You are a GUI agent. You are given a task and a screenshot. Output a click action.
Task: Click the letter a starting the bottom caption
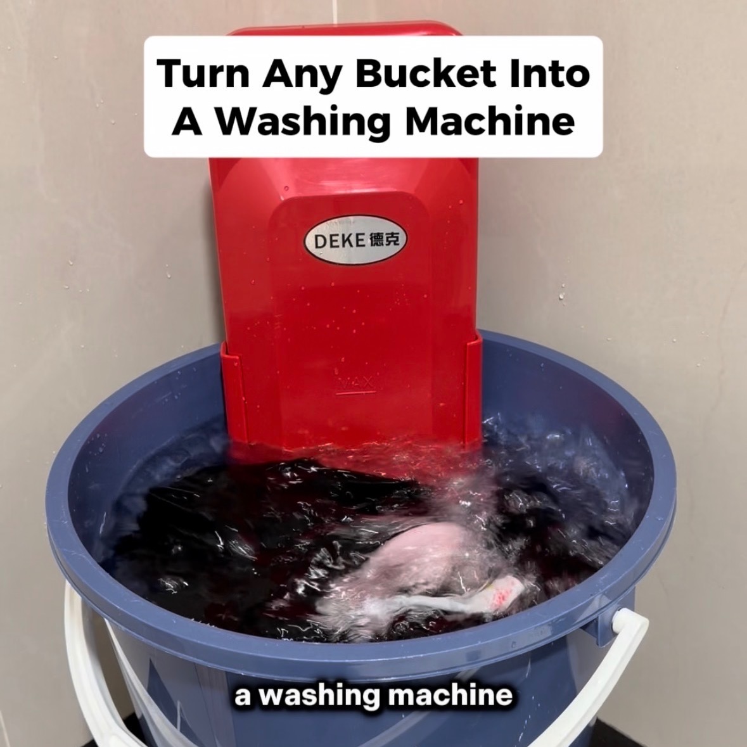click(241, 697)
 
